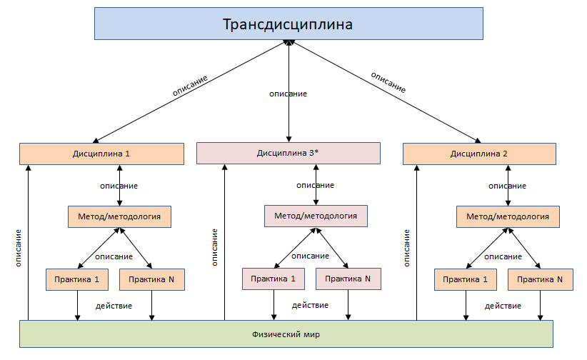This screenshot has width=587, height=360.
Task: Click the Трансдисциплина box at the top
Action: coord(289,24)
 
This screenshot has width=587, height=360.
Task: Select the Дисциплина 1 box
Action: coord(101,154)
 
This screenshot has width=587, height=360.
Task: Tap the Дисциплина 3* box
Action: coord(288,153)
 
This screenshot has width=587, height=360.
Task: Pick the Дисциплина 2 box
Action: coord(478,154)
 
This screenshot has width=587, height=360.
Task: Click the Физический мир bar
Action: coord(286,334)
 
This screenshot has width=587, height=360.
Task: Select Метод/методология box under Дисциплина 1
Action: coord(119,216)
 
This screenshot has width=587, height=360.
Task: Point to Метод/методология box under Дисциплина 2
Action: coord(507,216)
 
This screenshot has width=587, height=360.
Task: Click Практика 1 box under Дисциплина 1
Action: coord(77,279)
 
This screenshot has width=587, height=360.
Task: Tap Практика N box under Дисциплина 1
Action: coord(152,279)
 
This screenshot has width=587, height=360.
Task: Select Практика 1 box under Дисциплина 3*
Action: coord(274,279)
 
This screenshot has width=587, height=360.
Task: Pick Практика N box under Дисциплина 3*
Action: coord(348,279)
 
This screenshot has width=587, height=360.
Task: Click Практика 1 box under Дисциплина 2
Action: coord(465,279)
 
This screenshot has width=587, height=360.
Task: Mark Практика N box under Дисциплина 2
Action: coord(540,279)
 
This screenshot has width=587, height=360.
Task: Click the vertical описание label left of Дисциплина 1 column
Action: coord(17,248)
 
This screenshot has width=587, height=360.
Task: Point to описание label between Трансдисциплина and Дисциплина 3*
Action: coord(288,94)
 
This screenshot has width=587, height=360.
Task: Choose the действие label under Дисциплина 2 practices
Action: coord(503,306)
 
